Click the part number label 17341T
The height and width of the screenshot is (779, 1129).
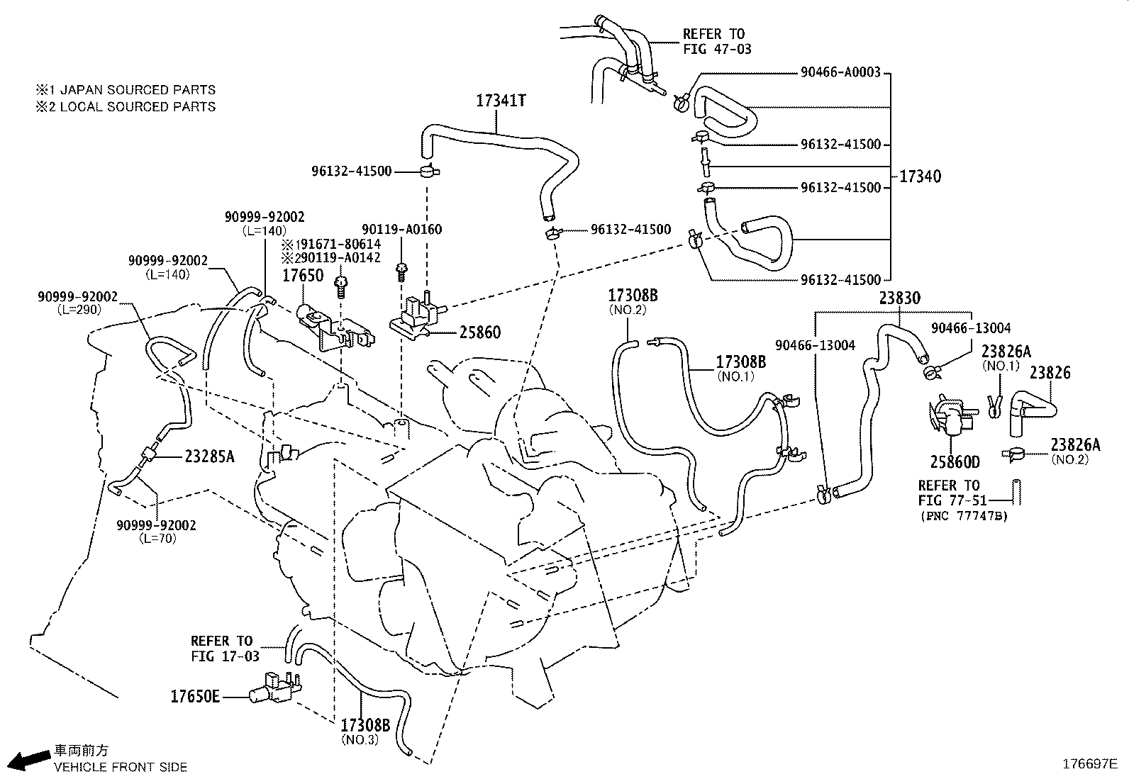[500, 101]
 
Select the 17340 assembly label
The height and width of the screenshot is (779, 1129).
[920, 176]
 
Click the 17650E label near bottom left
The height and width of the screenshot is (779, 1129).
[194, 696]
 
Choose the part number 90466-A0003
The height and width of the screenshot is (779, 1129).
[840, 72]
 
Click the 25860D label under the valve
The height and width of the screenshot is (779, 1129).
[955, 462]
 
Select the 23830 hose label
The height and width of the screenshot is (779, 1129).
[899, 298]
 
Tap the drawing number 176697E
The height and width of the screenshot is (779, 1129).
[1089, 763]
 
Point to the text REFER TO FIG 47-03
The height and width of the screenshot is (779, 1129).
[716, 41]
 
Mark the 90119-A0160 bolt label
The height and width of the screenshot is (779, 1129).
[401, 229]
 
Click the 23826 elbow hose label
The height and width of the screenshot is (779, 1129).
[1050, 373]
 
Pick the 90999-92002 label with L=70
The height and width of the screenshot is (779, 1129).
[157, 525]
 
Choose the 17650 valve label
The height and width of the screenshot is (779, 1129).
[303, 276]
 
